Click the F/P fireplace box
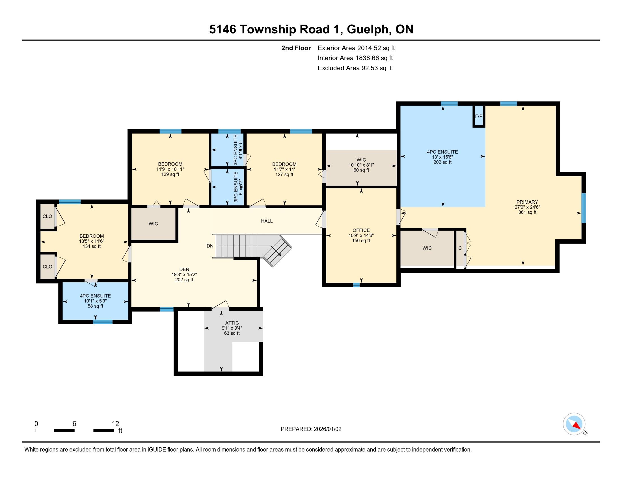click(479, 116)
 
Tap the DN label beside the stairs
click(210, 246)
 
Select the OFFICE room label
click(361, 230)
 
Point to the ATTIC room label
click(232, 323)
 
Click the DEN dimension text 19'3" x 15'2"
click(184, 275)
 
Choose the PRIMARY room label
click(527, 202)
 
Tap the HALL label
click(267, 221)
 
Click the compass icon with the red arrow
click(574, 424)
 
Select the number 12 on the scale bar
click(115, 424)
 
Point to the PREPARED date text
click(311, 429)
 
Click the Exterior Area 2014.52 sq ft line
click(356, 48)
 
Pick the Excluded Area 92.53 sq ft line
click(355, 68)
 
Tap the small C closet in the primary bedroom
click(460, 248)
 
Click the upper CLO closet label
click(47, 216)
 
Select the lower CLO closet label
click(47, 267)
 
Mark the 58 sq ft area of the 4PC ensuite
click(95, 306)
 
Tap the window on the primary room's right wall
click(583, 208)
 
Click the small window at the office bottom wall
click(356, 285)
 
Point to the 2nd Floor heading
click(296, 48)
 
